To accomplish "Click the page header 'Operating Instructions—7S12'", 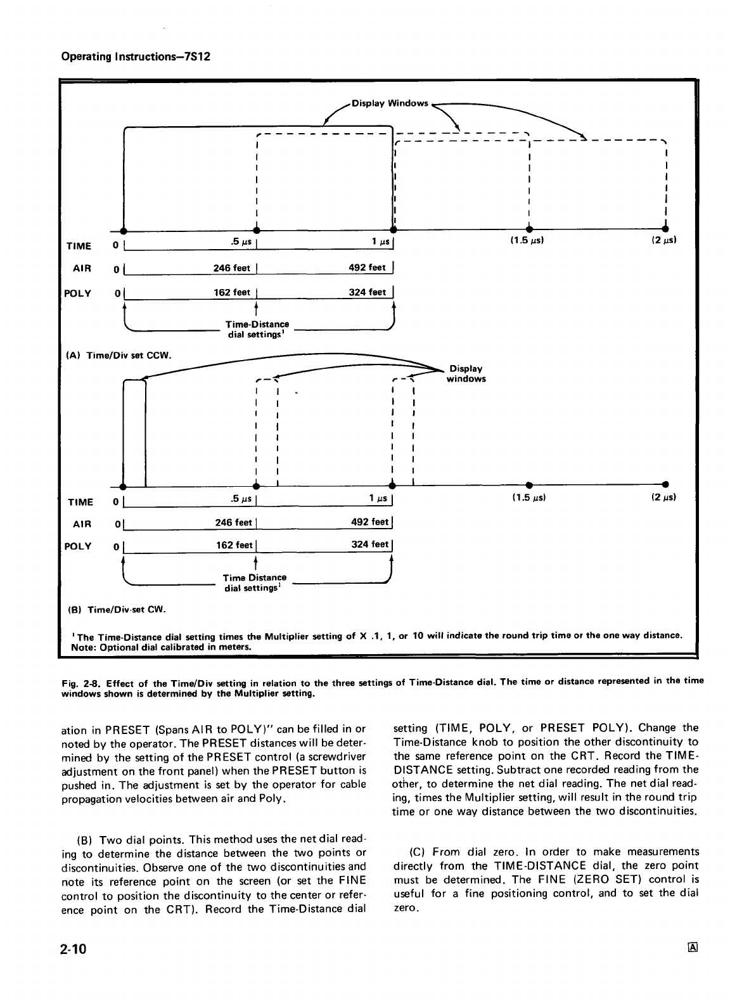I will coord(135,56).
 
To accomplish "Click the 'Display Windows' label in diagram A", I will coord(390,103).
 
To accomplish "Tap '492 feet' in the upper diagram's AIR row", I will coord(368,267).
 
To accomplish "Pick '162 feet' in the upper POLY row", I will coord(233,292).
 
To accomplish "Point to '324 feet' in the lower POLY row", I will coord(369,544).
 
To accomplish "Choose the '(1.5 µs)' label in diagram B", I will coord(528,497).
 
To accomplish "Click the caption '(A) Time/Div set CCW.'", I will coord(118,355).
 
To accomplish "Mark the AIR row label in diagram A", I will coord(82,268).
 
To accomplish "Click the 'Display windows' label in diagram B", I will coord(466,373).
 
